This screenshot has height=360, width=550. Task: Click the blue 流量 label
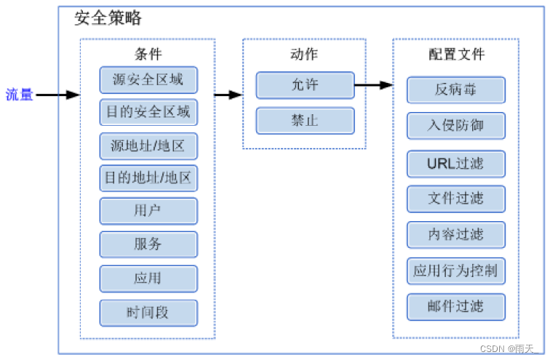pos(20,95)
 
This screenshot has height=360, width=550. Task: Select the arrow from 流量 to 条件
pos(58,95)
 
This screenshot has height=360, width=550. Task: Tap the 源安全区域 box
pos(148,80)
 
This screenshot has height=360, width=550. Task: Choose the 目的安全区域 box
pos(148,112)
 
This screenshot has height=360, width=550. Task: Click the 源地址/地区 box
pos(148,146)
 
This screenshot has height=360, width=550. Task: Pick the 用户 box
pos(148,211)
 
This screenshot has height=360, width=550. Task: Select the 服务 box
pos(148,244)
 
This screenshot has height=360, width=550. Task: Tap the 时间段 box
pos(148,313)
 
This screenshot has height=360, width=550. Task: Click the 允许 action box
pos(305,85)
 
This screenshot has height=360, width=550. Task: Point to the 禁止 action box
pos(305,121)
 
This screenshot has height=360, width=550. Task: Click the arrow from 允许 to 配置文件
pos(373,85)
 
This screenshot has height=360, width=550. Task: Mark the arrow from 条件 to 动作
pos(228,95)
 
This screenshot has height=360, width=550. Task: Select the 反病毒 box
pos(456,90)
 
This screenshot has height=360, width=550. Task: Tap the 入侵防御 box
pos(456,126)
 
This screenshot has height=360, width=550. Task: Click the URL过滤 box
pos(456,164)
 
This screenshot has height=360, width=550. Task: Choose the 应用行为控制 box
pos(456,271)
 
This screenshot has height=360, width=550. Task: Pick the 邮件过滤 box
pos(456,307)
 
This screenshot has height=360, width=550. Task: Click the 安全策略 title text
pos(108,18)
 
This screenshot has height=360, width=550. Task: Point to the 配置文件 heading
pos(457,55)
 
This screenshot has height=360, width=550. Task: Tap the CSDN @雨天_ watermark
pos(509,349)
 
